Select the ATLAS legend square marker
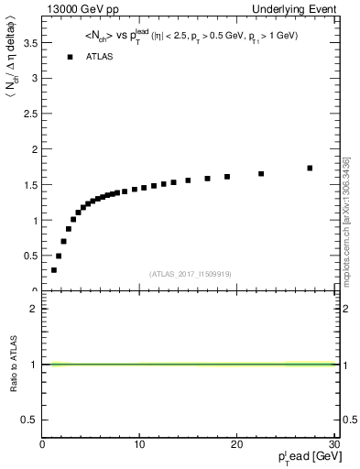point(70,57)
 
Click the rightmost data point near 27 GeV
point(310,168)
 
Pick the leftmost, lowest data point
point(54,270)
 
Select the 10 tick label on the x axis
point(139,444)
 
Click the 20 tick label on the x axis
point(236,444)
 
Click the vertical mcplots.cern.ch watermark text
point(345,220)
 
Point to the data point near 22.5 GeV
point(261,173)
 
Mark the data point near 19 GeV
point(227,177)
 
